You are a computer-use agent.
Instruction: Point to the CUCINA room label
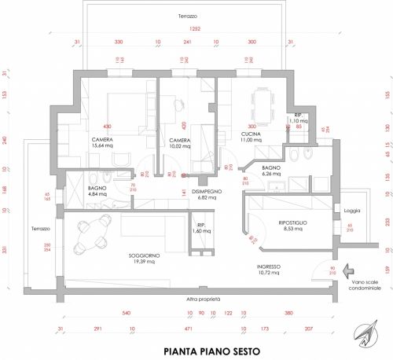251,137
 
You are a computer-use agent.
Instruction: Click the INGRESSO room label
270,270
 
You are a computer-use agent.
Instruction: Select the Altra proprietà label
202,299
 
